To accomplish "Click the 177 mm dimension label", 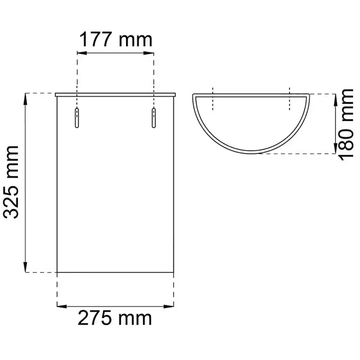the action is pyautogui.click(x=116, y=40).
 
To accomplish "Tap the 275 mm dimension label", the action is pyautogui.click(x=115, y=318).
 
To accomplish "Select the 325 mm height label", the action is pyautogui.click(x=11, y=182).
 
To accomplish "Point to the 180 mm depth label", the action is pyautogui.click(x=346, y=124).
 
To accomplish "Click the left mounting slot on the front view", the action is pyautogui.click(x=77, y=118).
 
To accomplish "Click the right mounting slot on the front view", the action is pyautogui.click(x=153, y=118).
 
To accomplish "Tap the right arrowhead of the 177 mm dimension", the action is pyautogui.click(x=149, y=53).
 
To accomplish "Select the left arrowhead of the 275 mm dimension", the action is pyautogui.click(x=62, y=307).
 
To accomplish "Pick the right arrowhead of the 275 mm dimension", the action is pyautogui.click(x=169, y=307).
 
